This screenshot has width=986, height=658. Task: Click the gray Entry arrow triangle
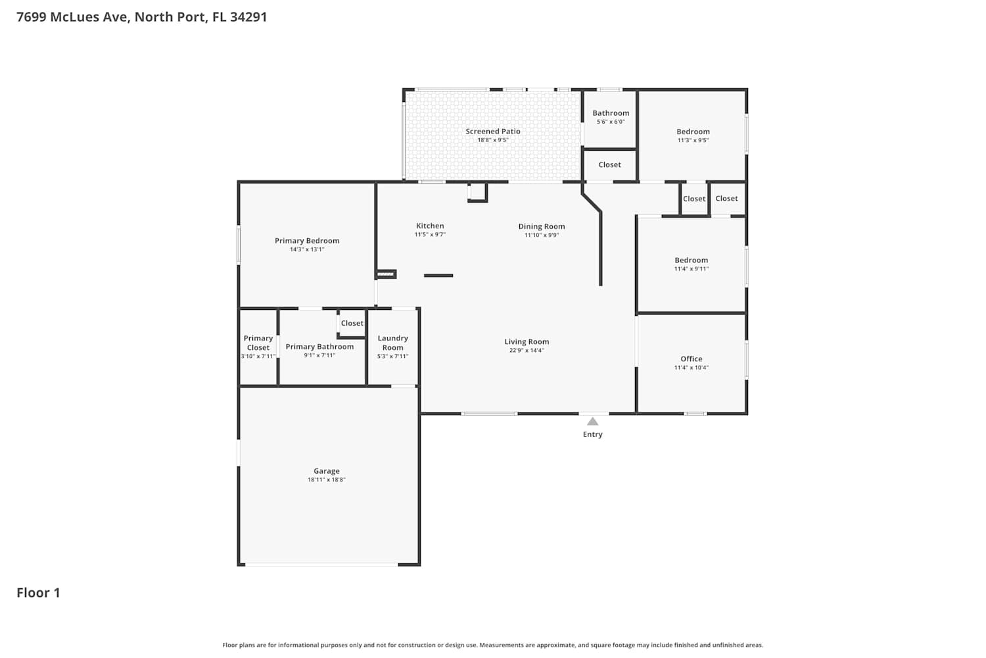tap(592, 422)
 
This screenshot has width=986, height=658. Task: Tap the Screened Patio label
tap(493, 132)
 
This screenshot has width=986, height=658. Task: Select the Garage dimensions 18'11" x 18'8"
tap(327, 480)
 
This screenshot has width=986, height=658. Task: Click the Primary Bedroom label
tap(307, 241)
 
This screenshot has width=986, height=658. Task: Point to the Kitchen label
tap(430, 226)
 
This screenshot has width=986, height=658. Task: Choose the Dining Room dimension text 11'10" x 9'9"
tap(542, 235)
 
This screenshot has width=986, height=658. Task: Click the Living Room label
tap(527, 342)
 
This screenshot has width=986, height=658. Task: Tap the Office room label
tap(691, 359)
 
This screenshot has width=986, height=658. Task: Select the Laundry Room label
tap(392, 342)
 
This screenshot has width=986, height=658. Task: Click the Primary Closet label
tap(258, 342)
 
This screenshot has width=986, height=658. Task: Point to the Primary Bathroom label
tap(319, 346)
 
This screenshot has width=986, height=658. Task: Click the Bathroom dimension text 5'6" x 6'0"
tap(611, 122)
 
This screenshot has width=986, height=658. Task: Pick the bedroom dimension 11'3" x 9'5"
tap(693, 140)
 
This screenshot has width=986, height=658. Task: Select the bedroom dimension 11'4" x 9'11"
tap(691, 269)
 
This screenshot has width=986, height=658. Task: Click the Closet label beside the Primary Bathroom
tap(352, 323)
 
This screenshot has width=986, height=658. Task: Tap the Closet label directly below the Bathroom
tap(609, 164)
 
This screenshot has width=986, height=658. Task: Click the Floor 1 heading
tap(38, 593)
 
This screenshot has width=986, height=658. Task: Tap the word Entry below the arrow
tap(592, 434)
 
